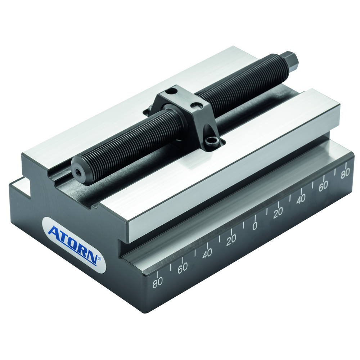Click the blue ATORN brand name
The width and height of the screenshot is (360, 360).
pos(73,245)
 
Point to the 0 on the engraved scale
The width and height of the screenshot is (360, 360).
pos(255,226)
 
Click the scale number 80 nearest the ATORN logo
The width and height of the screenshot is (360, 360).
pos(158,282)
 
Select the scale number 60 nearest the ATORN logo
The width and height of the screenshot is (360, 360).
pos(183,268)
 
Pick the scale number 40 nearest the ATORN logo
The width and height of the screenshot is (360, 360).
pos(207,254)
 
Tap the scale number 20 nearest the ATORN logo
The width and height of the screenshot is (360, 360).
pos(231,240)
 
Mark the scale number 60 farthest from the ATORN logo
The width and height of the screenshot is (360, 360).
pos(323,186)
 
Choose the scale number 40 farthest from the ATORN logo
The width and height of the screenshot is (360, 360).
pos(301,199)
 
